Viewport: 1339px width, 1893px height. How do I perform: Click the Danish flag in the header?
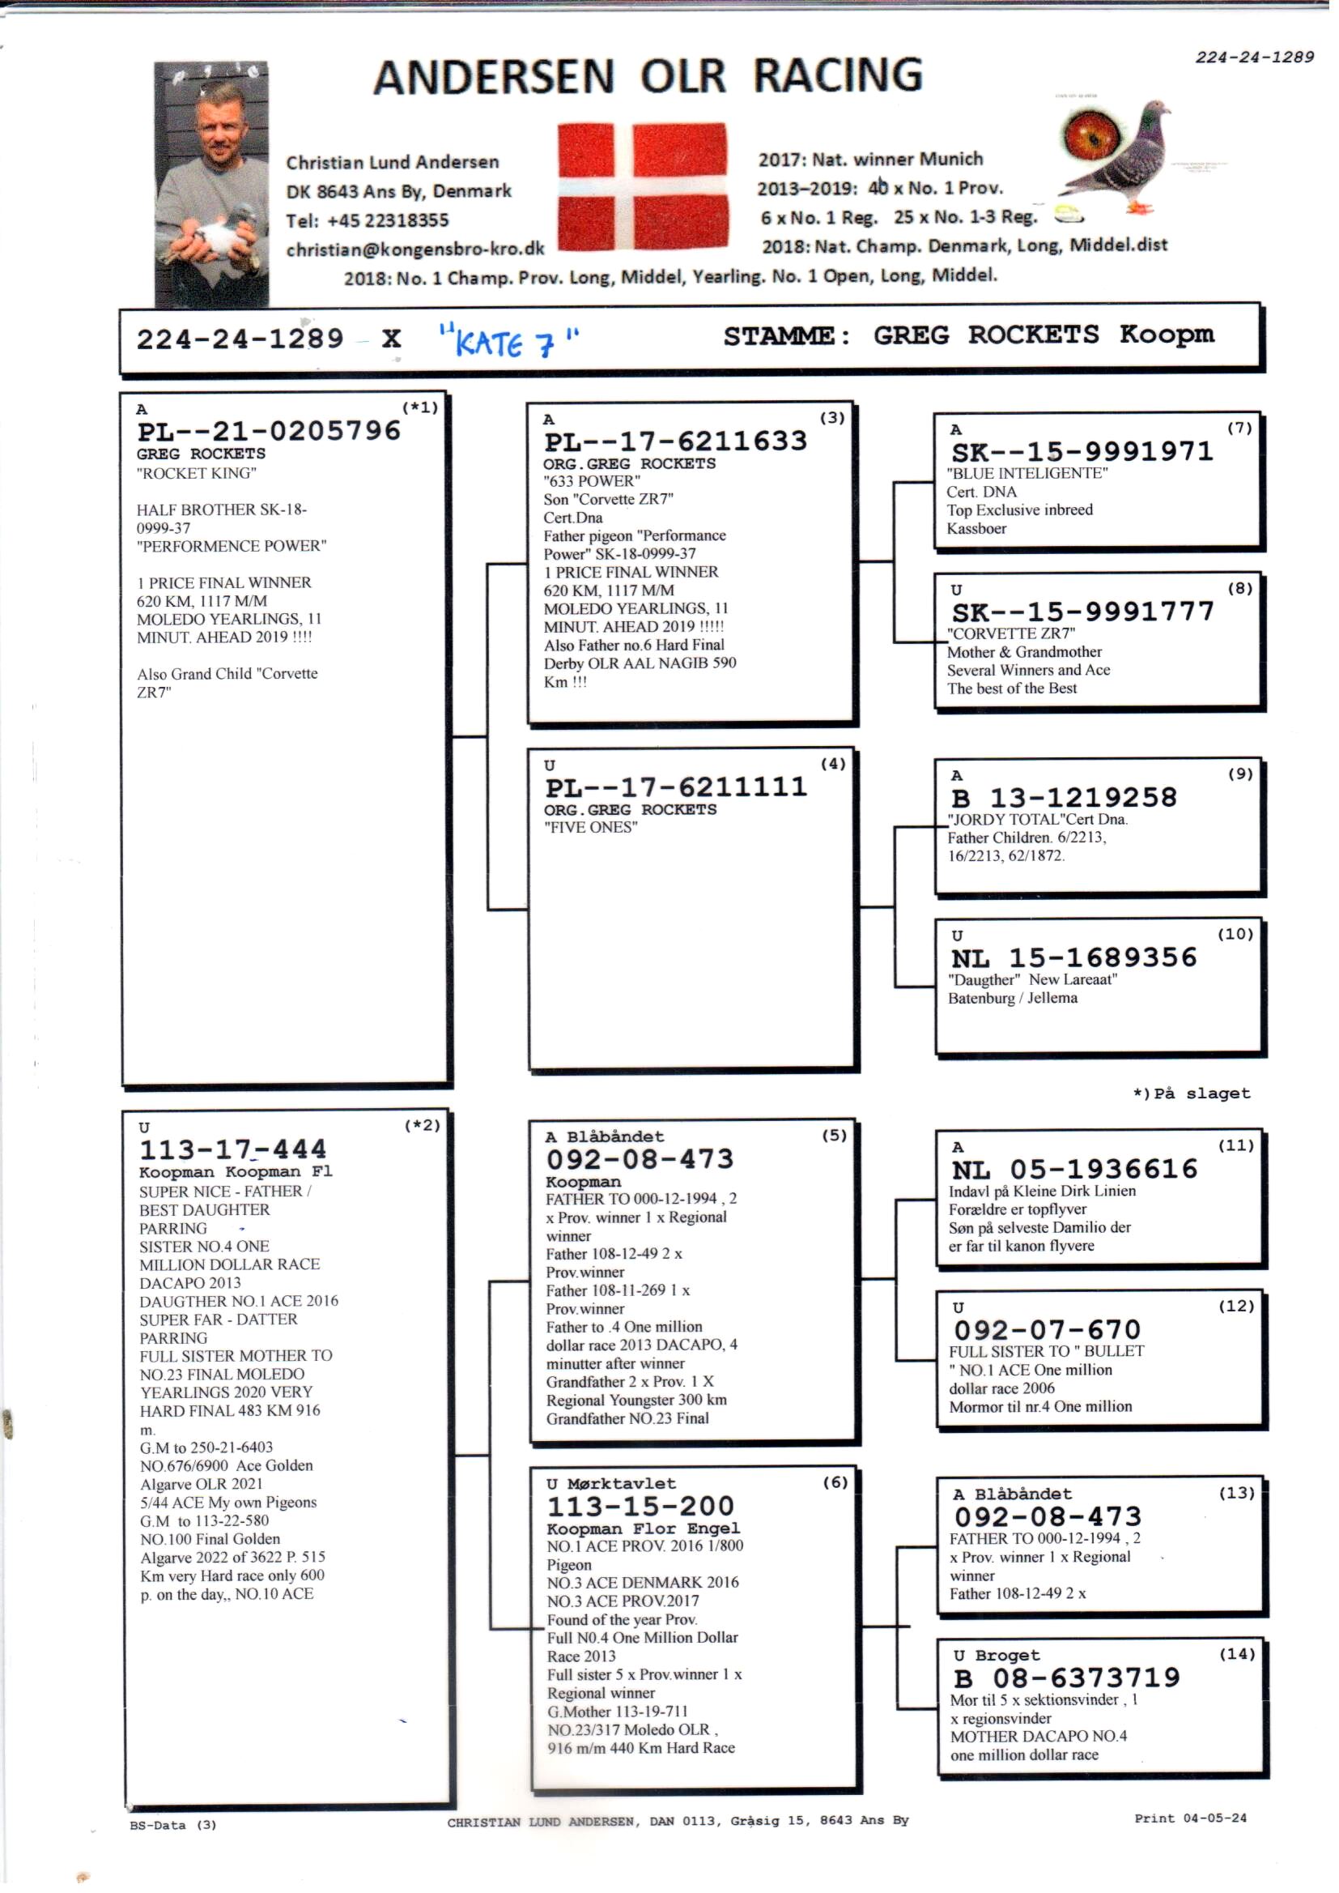point(642,186)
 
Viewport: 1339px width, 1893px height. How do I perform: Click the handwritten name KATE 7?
point(508,341)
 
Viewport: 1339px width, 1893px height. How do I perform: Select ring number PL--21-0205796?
point(269,432)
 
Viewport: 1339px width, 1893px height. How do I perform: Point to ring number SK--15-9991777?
point(1082,612)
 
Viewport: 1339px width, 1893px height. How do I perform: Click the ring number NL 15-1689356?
point(1073,957)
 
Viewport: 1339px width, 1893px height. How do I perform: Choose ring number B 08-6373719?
point(1067,1678)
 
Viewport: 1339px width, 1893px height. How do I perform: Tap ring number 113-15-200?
point(640,1506)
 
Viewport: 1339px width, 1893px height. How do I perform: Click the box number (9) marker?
point(1239,774)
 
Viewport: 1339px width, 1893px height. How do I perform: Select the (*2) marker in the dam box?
point(422,1125)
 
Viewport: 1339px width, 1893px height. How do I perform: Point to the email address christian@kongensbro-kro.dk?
point(414,249)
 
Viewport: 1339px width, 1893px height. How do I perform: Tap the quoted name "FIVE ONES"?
point(590,827)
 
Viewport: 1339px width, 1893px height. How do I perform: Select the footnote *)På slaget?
point(1191,1094)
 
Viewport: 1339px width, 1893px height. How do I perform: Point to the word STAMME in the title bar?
point(786,335)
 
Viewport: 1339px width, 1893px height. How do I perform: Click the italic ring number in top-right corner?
point(1254,57)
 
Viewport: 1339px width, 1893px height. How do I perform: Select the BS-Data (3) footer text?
point(172,1825)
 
